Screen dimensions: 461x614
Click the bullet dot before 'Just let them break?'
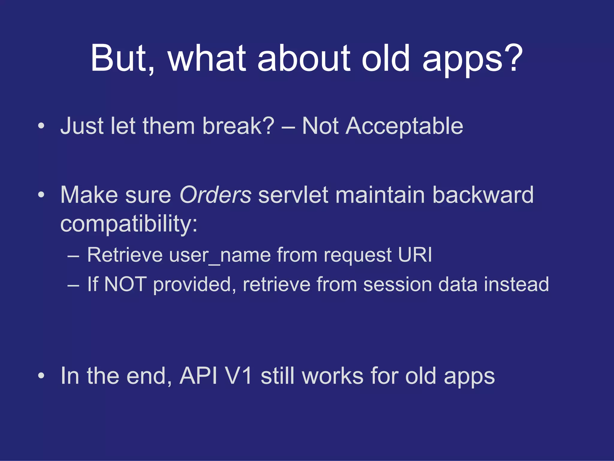pyautogui.click(x=41, y=126)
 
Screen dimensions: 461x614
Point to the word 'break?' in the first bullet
pyautogui.click(x=238, y=126)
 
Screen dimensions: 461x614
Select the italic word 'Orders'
pyautogui.click(x=215, y=195)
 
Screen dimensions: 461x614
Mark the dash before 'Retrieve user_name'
pyautogui.click(x=73, y=257)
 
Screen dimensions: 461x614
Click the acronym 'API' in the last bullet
pyautogui.click(x=198, y=376)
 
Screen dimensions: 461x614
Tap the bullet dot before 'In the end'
pyautogui.click(x=41, y=376)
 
